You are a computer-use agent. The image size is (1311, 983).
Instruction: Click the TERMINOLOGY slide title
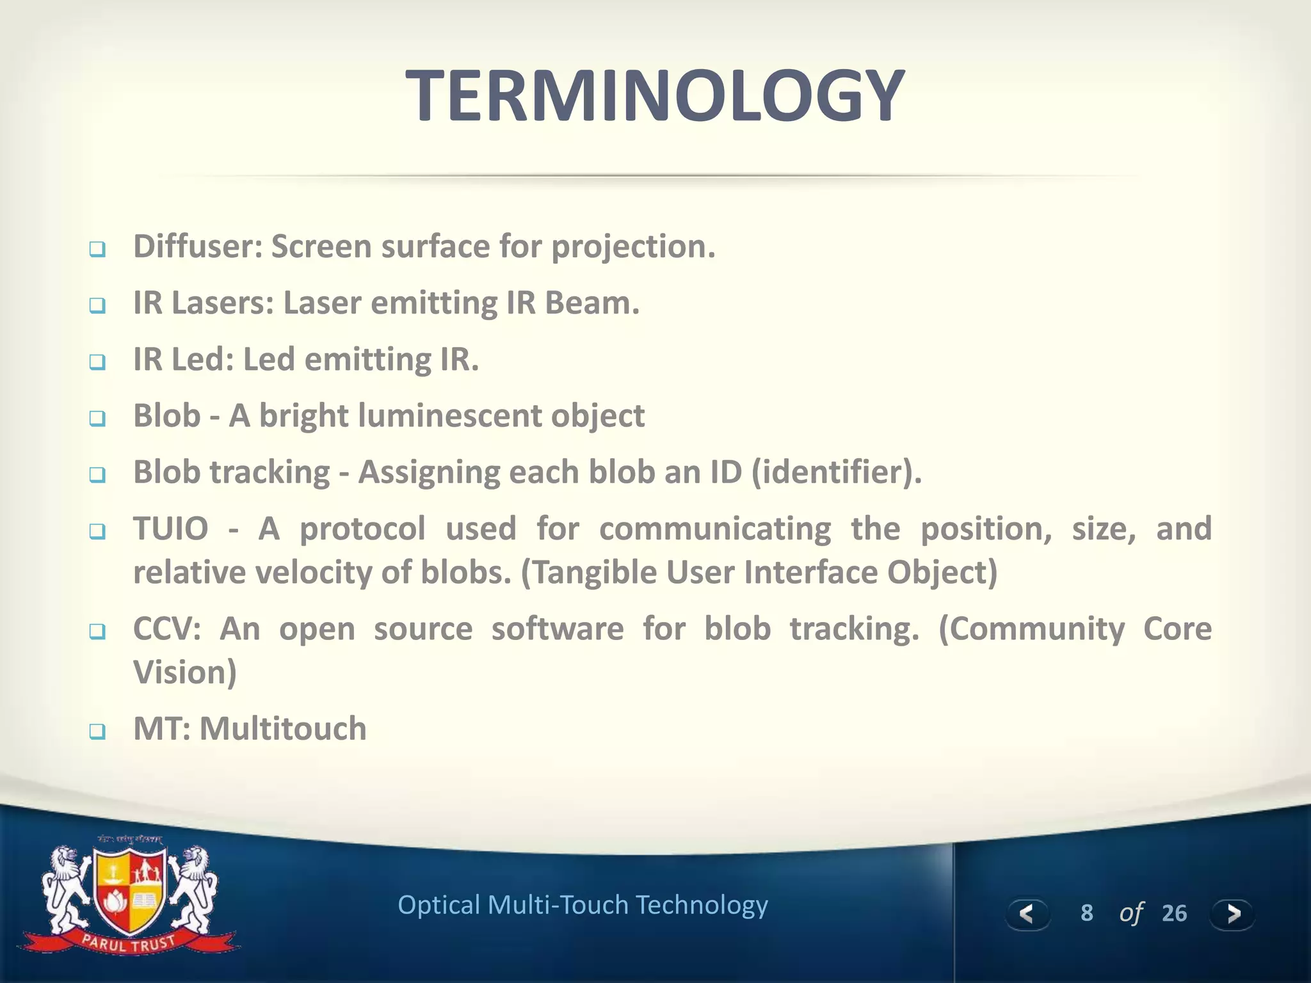pyautogui.click(x=655, y=96)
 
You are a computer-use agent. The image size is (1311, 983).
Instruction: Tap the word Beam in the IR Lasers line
pyautogui.click(x=591, y=303)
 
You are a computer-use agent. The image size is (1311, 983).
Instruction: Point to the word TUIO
pyautogui.click(x=171, y=529)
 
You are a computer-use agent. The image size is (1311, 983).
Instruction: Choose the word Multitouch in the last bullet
pyautogui.click(x=283, y=729)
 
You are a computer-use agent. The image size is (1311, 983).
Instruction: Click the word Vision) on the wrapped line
pyautogui.click(x=185, y=673)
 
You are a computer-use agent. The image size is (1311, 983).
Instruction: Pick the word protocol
pyautogui.click(x=362, y=529)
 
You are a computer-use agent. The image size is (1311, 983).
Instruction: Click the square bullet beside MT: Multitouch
pyautogui.click(x=97, y=731)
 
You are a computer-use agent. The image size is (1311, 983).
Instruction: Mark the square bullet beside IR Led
pyautogui.click(x=97, y=362)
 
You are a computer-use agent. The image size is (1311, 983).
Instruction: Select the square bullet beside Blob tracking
pyautogui.click(x=97, y=475)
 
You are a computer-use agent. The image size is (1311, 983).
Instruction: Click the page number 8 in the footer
pyautogui.click(x=1086, y=913)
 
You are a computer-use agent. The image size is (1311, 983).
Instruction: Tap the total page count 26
pyautogui.click(x=1174, y=913)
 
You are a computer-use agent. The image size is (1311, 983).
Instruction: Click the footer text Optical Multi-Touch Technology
pyautogui.click(x=583, y=905)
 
